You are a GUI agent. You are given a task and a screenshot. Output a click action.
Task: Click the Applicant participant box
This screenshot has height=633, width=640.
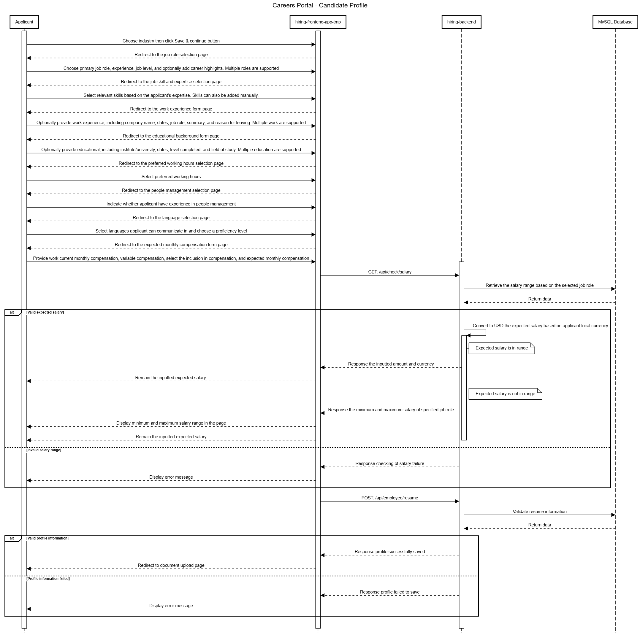point(24,22)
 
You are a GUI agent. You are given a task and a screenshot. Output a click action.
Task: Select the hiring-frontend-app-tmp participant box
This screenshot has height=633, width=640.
point(318,22)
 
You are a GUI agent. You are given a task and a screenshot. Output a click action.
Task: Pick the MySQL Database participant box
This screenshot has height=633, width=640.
point(615,22)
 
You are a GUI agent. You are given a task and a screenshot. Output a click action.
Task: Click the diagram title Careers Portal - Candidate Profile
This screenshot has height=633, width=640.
point(320,5)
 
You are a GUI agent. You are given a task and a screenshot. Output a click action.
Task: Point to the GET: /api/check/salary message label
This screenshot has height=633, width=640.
point(389,272)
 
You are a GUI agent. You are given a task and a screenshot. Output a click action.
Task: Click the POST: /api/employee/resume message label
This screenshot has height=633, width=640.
point(389,498)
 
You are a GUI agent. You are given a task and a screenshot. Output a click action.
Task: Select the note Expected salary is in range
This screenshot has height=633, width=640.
point(502,348)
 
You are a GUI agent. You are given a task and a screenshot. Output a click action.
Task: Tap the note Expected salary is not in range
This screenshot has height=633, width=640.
point(505,394)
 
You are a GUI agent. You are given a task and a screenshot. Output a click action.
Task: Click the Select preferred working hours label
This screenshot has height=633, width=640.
point(171,177)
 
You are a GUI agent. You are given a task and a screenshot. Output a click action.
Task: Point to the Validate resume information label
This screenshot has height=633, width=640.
point(539,511)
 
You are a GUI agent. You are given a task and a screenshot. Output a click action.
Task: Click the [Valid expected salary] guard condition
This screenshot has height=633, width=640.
point(45,312)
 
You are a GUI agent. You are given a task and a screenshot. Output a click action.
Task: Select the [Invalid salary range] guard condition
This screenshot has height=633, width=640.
point(44,450)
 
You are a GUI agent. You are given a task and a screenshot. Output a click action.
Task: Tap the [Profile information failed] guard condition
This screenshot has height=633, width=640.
point(48,578)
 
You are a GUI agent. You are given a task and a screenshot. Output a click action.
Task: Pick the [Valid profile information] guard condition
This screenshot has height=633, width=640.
point(47,538)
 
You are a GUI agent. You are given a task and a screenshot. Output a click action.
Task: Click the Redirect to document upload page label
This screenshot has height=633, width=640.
point(171,565)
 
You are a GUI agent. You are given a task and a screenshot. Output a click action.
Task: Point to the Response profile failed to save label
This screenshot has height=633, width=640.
point(389,592)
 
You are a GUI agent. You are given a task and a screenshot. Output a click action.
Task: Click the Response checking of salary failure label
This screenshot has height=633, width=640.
point(389,463)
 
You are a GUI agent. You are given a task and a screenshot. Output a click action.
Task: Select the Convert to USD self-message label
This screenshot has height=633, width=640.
point(540,326)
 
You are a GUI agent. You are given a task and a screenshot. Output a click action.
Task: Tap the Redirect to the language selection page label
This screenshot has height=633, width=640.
point(171,218)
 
